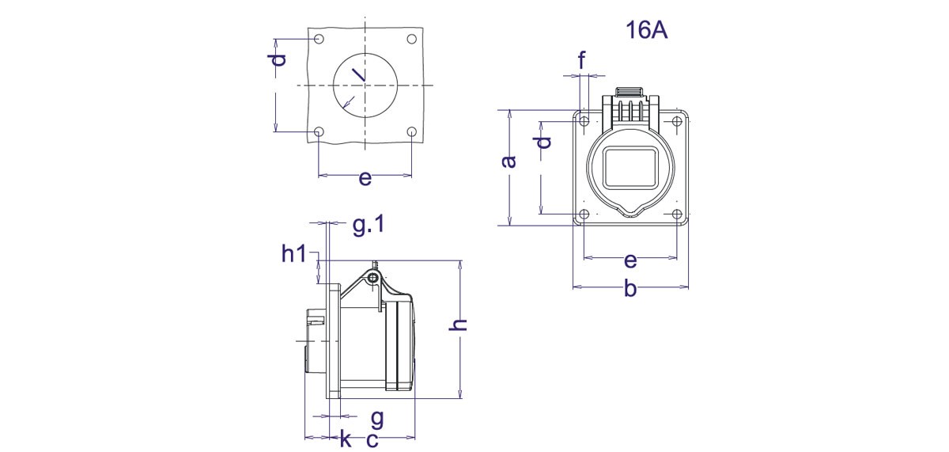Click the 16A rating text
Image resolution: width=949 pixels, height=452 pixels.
coord(645,31)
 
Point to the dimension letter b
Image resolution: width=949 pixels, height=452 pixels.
coord(630,289)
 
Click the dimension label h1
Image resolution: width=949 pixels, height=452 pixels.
coord(293,253)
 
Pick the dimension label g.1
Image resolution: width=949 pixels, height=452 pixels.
coord(368,226)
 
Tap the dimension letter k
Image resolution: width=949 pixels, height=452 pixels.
coord(345,439)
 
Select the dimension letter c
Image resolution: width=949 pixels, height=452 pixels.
coord(371,439)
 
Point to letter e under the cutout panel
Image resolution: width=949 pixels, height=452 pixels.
coord(365,178)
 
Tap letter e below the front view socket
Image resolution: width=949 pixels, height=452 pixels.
coord(630,260)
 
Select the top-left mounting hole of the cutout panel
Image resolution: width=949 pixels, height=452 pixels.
coord(318,39)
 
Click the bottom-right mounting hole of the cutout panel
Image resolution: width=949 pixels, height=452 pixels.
coord(412,131)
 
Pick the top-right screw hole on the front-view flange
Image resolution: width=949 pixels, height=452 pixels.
coord(677,120)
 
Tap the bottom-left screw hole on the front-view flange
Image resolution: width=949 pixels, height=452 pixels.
coord(584,215)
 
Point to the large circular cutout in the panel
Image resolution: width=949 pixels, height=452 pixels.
coord(365,84)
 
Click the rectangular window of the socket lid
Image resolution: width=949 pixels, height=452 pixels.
coord(630,167)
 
